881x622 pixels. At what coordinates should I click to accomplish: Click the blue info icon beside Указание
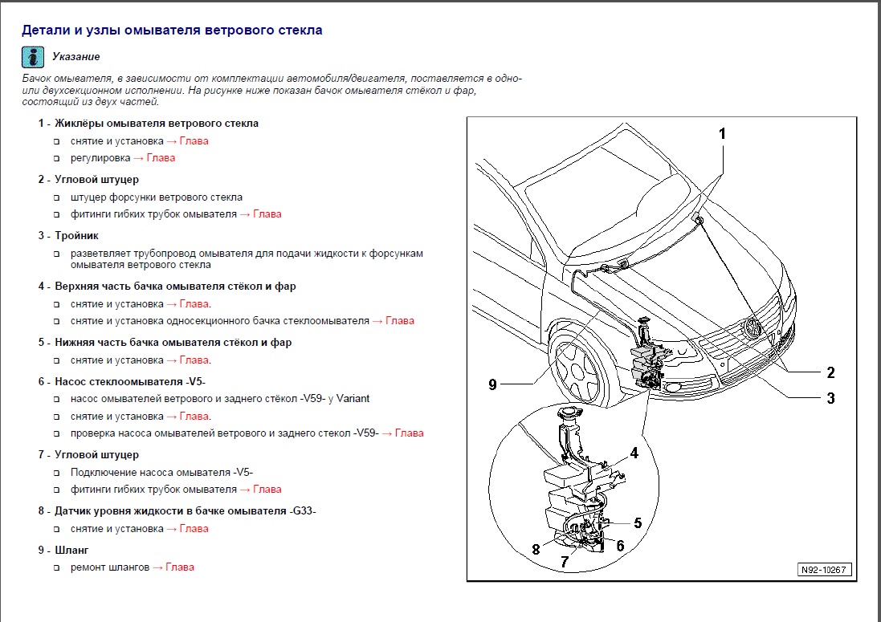coord(33,57)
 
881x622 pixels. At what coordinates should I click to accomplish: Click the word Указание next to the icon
coord(75,57)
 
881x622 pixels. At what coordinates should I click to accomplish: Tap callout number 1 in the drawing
coord(722,133)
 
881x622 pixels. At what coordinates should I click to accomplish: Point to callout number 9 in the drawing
coord(492,384)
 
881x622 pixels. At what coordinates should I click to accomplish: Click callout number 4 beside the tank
coord(634,453)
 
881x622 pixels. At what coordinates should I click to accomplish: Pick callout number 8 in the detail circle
coord(535,550)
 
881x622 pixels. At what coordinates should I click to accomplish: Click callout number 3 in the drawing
coord(830,398)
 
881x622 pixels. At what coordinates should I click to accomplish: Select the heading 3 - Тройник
coord(68,236)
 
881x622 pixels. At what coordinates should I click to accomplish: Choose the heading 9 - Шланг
coord(63,550)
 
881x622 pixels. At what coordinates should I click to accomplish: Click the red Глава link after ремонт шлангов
coord(177,567)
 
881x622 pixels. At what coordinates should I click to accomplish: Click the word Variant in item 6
coord(353,399)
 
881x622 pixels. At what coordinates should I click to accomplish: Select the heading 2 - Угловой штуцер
coord(88,180)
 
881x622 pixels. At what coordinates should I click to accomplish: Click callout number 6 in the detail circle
coord(620,546)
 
